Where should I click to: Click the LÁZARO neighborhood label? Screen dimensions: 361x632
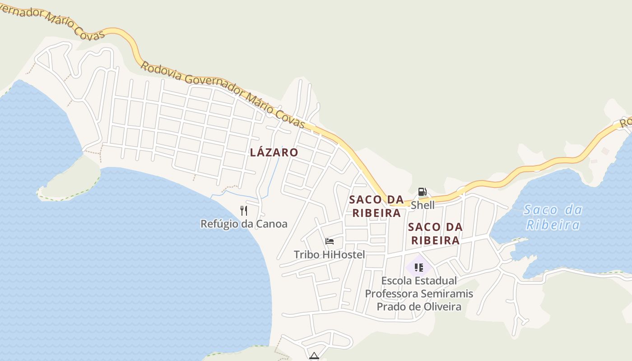tap(274, 153)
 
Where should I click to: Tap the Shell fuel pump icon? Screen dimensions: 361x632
tap(422, 192)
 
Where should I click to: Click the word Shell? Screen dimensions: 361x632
tap(423, 205)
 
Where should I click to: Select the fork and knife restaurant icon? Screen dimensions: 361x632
tap(244, 210)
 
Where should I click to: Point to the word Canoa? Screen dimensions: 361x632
tap(272, 224)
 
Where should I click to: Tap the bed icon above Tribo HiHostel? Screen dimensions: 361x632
tap(330, 241)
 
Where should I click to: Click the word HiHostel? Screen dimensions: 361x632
tap(344, 255)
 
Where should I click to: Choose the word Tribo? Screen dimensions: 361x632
tap(307, 255)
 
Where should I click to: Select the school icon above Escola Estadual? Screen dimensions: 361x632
tap(418, 267)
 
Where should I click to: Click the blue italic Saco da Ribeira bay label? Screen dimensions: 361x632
tap(553, 217)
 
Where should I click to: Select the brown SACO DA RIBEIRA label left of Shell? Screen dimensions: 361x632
tap(376, 206)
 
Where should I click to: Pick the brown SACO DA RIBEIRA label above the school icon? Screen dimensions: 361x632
tap(435, 233)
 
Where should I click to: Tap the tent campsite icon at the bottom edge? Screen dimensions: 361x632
tap(314, 356)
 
